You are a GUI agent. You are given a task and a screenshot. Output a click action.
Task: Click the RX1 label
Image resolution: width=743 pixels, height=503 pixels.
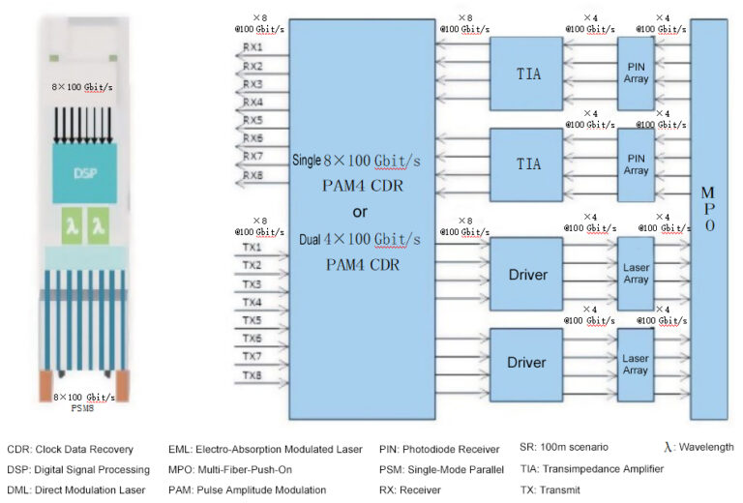(253, 46)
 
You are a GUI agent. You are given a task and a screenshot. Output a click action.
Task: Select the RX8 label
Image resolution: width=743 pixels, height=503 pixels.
(253, 175)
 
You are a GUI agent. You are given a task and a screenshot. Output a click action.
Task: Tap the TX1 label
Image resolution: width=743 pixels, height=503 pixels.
(252, 247)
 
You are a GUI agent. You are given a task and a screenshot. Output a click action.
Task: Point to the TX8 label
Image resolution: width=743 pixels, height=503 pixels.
(252, 375)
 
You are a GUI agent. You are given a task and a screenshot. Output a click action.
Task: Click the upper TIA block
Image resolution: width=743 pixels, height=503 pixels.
(528, 74)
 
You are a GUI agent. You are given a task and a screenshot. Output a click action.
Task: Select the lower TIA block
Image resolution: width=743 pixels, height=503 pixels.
(528, 163)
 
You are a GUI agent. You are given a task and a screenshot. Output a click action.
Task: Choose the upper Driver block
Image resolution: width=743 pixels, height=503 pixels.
(527, 275)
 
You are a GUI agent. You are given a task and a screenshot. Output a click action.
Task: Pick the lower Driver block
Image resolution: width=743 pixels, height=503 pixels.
(527, 363)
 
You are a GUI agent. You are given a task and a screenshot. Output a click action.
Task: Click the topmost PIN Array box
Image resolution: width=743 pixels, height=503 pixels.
(636, 74)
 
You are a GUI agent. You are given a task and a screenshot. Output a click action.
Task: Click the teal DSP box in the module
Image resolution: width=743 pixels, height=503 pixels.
(84, 175)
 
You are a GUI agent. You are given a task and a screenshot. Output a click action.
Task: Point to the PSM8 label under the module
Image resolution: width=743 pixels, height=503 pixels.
(84, 407)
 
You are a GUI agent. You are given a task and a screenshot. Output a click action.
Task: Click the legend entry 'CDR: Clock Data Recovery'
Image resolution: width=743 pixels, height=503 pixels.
(71, 449)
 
